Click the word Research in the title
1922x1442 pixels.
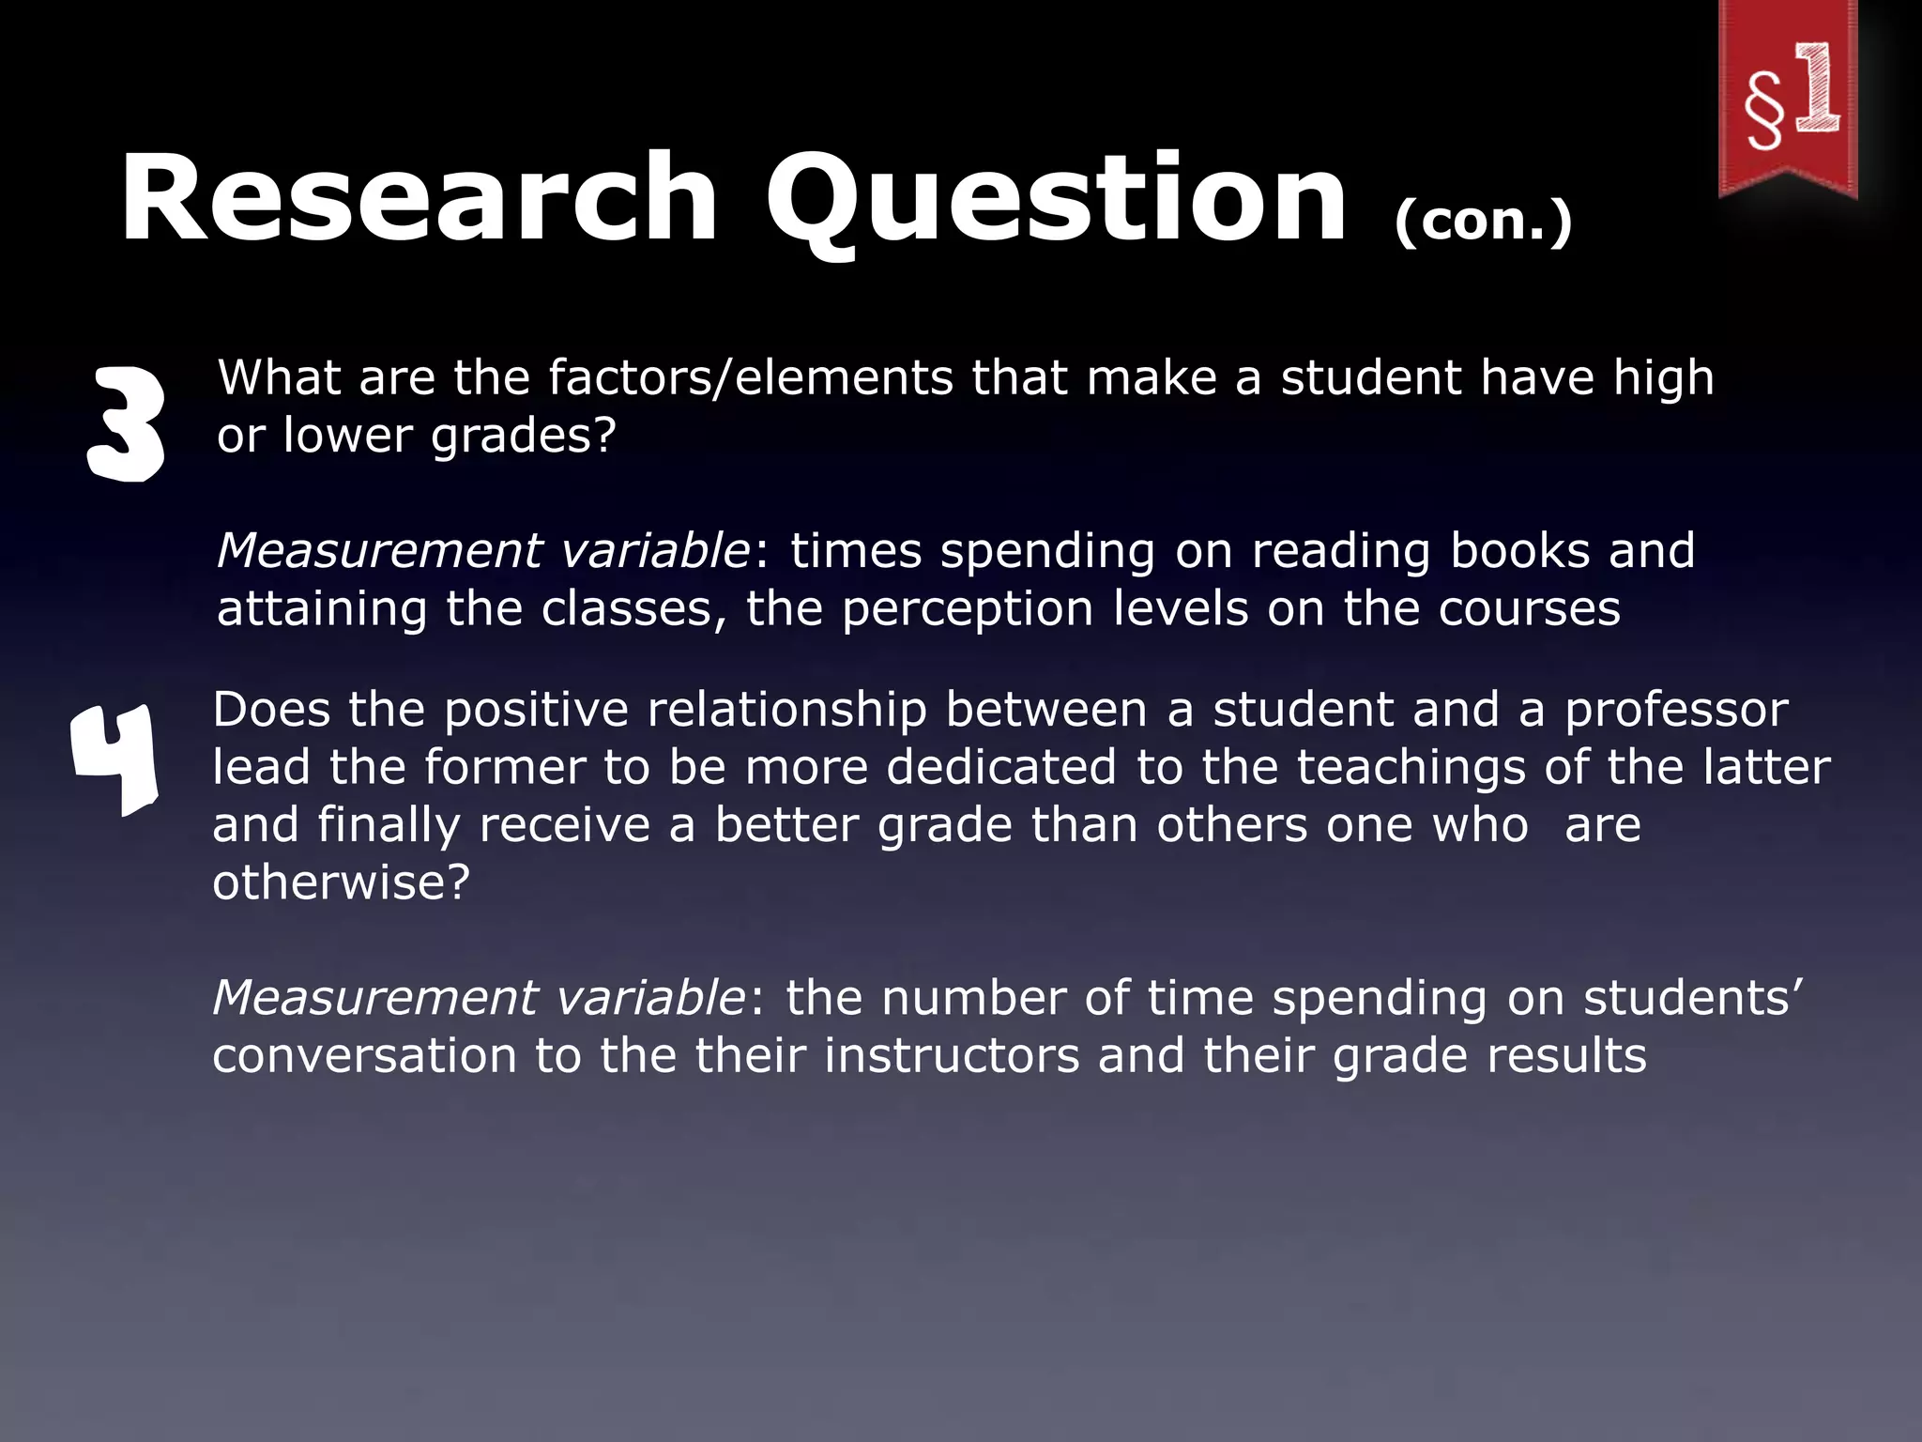tap(419, 199)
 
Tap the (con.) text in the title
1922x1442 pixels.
tap(1483, 222)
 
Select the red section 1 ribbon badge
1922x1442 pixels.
tap(1788, 99)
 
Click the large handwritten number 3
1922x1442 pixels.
tap(126, 423)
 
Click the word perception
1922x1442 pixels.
tap(968, 608)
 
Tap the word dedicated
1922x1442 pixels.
tap(1001, 767)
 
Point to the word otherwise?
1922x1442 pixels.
tap(341, 882)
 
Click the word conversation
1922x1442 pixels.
tap(364, 1055)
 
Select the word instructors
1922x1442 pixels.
tap(952, 1055)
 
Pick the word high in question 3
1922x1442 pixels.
tap(1663, 379)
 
